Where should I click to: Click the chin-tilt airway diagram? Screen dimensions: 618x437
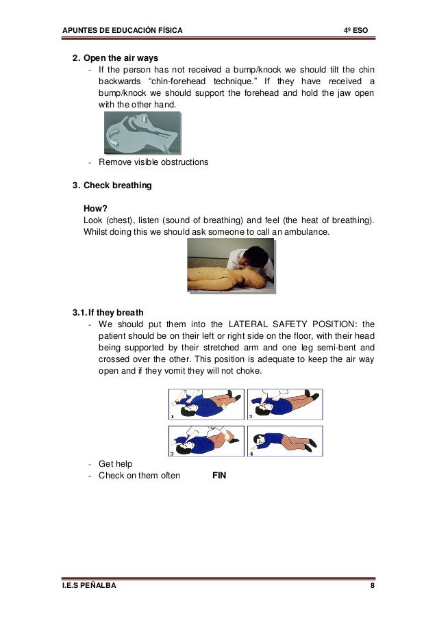tap(142, 133)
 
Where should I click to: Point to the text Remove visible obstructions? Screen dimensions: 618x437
tap(153, 162)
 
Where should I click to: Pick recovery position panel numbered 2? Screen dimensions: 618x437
tap(284, 404)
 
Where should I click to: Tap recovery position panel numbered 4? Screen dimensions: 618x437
tap(284, 441)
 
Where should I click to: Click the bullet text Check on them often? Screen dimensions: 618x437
tap(140, 476)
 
